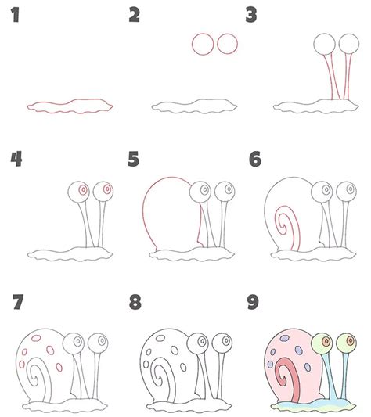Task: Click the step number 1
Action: tap(16, 15)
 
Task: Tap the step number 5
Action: tap(133, 159)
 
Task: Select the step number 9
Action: tap(253, 302)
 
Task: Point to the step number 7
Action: tap(18, 302)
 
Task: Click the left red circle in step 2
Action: tap(192, 44)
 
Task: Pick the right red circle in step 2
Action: tap(217, 44)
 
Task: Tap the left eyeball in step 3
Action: tap(324, 44)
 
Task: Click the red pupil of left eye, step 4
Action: tap(83, 190)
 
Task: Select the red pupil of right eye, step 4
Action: tap(107, 189)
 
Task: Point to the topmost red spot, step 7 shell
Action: tap(36, 338)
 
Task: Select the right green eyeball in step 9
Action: tap(346, 343)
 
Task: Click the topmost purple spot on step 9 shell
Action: tap(285, 338)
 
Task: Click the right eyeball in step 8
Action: tap(222, 343)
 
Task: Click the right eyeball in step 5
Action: tap(225, 192)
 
